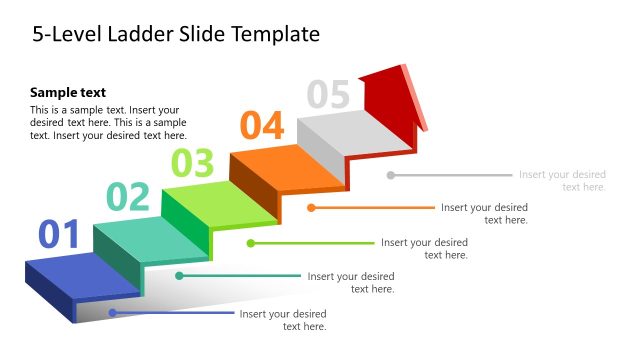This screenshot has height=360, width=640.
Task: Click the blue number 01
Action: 58,235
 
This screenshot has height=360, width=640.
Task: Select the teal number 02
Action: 128,197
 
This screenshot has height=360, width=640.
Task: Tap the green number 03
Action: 192,162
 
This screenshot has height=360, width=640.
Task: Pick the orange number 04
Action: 262,127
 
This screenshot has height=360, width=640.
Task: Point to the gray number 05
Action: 328,94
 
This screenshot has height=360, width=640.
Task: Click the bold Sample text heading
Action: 68,92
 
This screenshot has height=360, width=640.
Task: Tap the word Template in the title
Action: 275,34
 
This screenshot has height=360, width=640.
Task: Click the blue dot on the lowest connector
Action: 113,313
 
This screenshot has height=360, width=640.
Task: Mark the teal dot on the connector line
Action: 179,275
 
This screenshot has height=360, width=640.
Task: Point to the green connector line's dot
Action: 251,243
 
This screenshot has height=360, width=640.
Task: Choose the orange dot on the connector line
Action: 311,208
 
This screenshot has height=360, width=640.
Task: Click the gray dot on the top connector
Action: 391,175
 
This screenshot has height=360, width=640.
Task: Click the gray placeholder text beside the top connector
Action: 562,181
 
